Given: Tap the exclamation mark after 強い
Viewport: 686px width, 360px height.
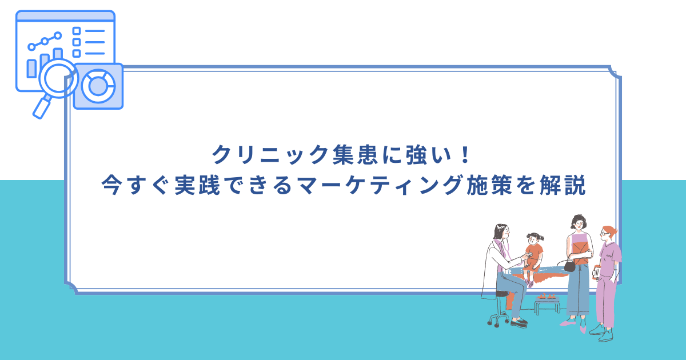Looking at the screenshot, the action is click(465, 154).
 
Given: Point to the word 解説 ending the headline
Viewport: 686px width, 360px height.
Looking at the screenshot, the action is click(563, 185).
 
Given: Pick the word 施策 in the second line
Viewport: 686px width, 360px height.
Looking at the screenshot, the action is click(489, 185).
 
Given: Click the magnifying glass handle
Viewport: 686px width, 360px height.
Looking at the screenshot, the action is click(42, 108).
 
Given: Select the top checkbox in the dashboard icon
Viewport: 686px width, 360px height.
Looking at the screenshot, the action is click(77, 31).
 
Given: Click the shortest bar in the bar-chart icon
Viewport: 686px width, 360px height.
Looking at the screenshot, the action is click(31, 69).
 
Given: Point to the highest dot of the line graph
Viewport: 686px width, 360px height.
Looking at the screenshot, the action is click(58, 36).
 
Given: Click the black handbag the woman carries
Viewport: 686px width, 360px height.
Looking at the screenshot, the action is click(569, 265).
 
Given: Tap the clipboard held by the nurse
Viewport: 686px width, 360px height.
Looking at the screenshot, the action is click(596, 273).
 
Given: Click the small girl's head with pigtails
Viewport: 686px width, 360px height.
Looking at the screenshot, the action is click(535, 239).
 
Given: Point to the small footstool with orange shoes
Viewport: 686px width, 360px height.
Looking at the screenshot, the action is click(547, 304).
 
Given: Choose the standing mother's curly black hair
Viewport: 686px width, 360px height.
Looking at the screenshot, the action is click(578, 221).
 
